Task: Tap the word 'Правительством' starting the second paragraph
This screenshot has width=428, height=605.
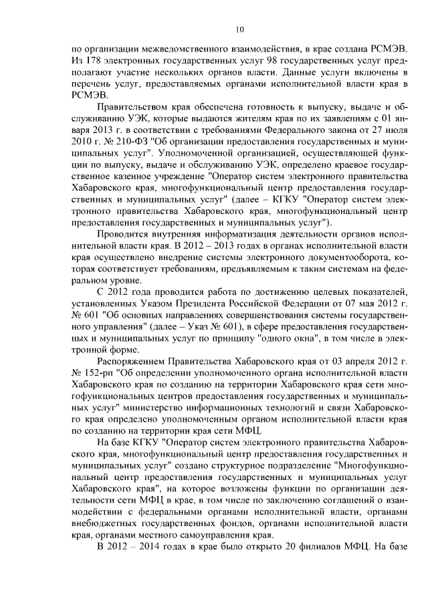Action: [x=132, y=107]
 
